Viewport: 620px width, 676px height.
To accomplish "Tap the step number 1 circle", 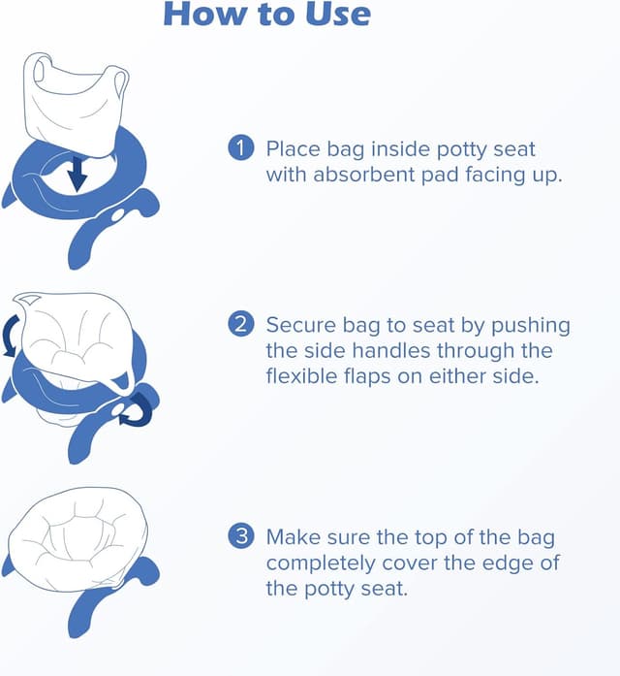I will click(239, 148).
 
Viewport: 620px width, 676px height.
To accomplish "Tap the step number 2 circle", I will click(239, 324).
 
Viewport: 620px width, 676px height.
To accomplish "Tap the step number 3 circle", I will click(239, 536).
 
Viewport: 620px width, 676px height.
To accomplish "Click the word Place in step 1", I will click(291, 149).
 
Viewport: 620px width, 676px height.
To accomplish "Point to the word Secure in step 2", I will click(298, 325).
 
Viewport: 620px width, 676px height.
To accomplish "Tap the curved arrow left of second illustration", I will click(12, 339).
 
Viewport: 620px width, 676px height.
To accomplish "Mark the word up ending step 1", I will click(547, 176).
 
